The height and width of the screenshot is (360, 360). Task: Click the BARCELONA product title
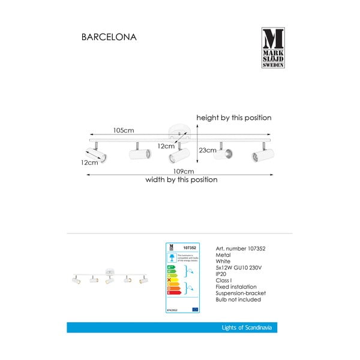tap(109, 37)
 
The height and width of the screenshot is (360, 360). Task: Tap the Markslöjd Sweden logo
tap(274, 48)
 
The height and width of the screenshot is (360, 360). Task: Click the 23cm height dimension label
tap(207, 151)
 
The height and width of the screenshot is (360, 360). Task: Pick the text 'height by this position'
tap(234, 118)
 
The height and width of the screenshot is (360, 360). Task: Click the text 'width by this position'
tap(182, 180)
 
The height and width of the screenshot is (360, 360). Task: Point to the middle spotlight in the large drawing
tap(178, 156)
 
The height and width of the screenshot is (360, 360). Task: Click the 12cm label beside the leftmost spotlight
tap(91, 163)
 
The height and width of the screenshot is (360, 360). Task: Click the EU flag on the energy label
tap(195, 309)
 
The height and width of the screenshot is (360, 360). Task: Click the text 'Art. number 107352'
tap(240, 248)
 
